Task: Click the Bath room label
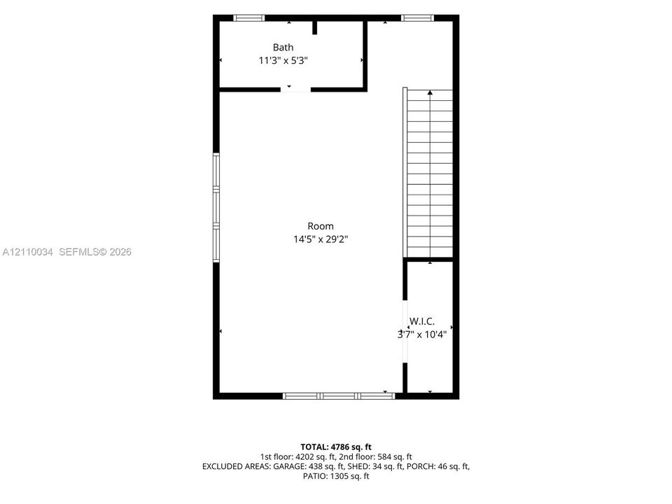(x=283, y=47)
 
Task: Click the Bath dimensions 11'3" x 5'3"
(x=283, y=60)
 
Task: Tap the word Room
(x=320, y=226)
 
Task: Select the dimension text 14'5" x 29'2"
(x=320, y=239)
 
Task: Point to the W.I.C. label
(x=421, y=321)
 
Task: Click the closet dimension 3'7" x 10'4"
(x=421, y=335)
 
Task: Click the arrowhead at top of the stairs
(x=430, y=92)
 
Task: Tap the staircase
(x=428, y=173)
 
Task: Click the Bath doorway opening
(x=295, y=90)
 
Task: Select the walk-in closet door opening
(x=405, y=331)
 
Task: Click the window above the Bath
(x=249, y=18)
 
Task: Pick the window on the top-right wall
(x=417, y=18)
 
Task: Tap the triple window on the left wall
(x=216, y=207)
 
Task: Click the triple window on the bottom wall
(x=339, y=396)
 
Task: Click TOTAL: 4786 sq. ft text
(x=336, y=447)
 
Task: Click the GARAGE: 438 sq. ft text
(x=309, y=466)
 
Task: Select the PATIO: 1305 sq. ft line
(x=336, y=476)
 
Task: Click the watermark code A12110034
(x=27, y=251)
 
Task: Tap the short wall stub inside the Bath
(x=314, y=27)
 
